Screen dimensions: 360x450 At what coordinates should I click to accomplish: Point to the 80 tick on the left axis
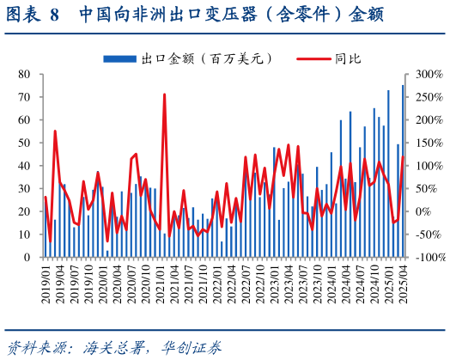[26, 75]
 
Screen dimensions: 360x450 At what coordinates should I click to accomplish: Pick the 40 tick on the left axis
[26, 166]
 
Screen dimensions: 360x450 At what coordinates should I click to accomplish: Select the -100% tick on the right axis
[427, 257]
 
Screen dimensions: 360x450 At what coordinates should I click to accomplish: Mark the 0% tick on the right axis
[421, 211]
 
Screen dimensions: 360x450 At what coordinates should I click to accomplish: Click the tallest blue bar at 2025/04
[403, 172]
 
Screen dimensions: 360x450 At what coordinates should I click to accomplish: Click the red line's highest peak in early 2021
[164, 95]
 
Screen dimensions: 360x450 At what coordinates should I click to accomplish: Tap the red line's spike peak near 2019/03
[55, 131]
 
